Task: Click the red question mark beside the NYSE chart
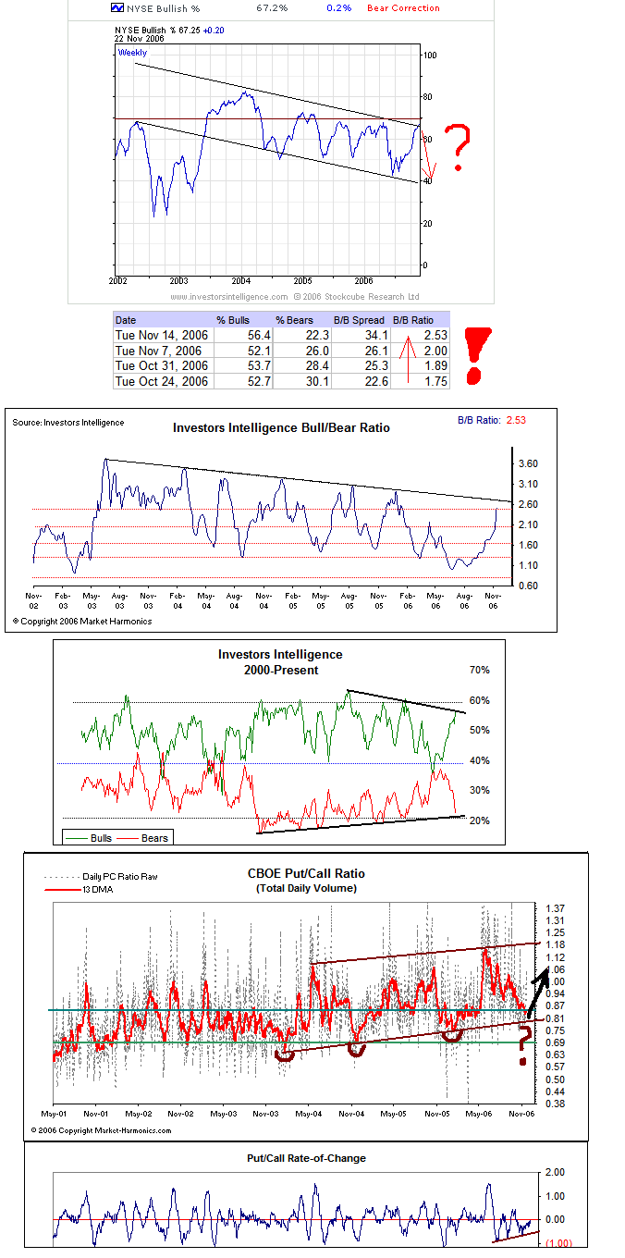pos(458,148)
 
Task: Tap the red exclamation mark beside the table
pos(477,354)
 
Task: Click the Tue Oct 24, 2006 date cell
pos(162,381)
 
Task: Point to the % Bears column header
pos(296,318)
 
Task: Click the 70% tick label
pos(479,670)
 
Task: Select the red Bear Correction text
pos(403,7)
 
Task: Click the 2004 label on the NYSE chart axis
pos(240,280)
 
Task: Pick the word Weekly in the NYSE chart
pos(132,53)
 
